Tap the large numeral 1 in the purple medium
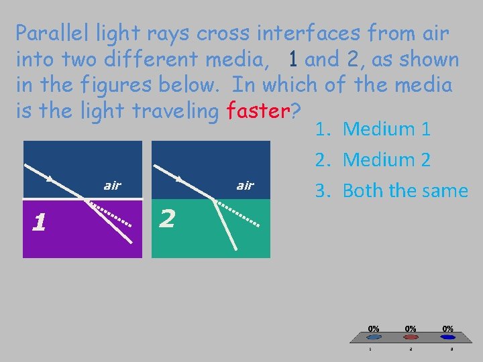(x=40, y=221)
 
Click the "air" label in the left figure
(x=112, y=185)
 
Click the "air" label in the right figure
(x=245, y=185)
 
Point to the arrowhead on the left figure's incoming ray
(x=50, y=179)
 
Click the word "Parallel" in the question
(x=52, y=32)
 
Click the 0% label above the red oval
(x=410, y=328)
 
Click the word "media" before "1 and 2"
(x=241, y=60)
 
